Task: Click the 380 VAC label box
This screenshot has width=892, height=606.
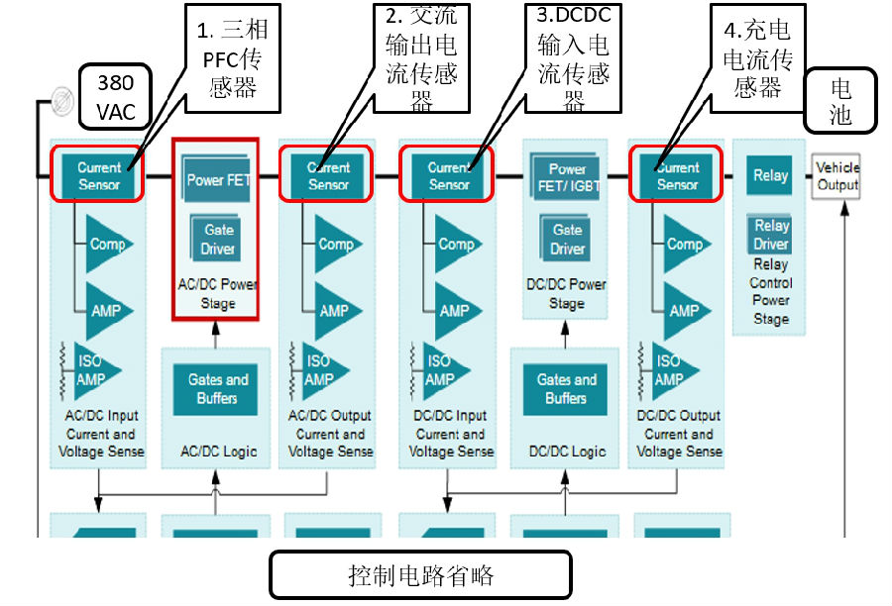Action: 116,95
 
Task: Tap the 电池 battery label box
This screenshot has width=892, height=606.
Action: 840,100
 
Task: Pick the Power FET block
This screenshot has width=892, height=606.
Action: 218,179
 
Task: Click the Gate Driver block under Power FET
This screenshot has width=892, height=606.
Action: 218,239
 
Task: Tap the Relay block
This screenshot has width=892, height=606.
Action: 770,176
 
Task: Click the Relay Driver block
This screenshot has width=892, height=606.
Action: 770,236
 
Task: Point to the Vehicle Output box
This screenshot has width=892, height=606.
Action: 836,176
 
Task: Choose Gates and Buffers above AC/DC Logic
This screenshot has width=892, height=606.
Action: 217,389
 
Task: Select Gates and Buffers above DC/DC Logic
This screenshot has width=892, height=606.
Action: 566,389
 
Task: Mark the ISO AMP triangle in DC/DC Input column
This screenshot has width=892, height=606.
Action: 443,370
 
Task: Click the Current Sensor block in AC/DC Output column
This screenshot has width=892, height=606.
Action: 328,176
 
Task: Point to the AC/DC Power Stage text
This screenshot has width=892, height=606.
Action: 218,294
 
